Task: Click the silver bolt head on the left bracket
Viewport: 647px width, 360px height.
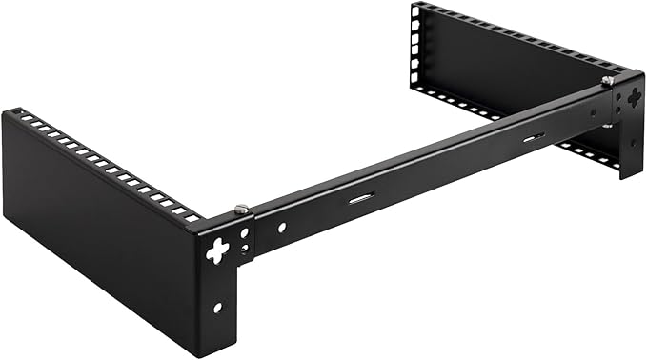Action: (241, 208)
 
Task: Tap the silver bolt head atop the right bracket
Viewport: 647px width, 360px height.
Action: (607, 81)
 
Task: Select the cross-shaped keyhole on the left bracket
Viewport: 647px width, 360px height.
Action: (218, 250)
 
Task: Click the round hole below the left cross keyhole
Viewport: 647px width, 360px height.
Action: (218, 308)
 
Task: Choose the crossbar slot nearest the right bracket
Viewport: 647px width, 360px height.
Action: (533, 139)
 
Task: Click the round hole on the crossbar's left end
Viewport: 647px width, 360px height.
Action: (281, 228)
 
